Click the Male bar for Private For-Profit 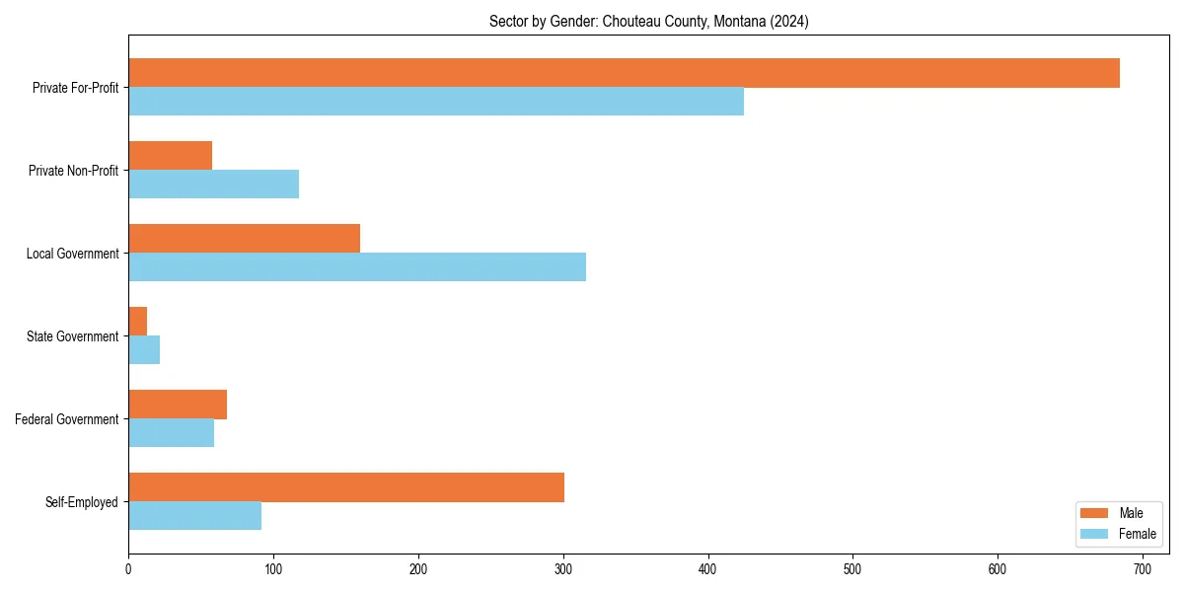(x=624, y=73)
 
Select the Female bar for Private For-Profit (x=436, y=102)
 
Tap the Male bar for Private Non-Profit (x=170, y=156)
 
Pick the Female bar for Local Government (x=357, y=267)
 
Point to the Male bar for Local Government (x=244, y=239)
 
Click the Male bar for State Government (x=137, y=322)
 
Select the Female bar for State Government (x=144, y=350)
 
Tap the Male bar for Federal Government (x=178, y=405)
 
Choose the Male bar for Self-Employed (x=346, y=487)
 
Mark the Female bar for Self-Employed (x=194, y=516)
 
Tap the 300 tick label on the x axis (x=563, y=569)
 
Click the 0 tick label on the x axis (x=128, y=569)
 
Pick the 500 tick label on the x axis (x=852, y=569)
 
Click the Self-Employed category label (x=82, y=502)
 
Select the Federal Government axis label (x=67, y=419)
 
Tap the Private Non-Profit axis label (x=73, y=171)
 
